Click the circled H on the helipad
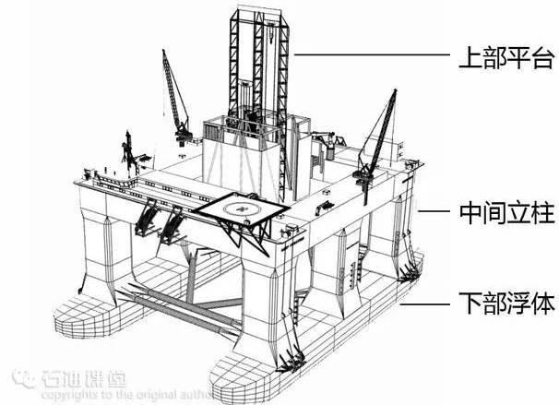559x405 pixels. pyautogui.click(x=242, y=208)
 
